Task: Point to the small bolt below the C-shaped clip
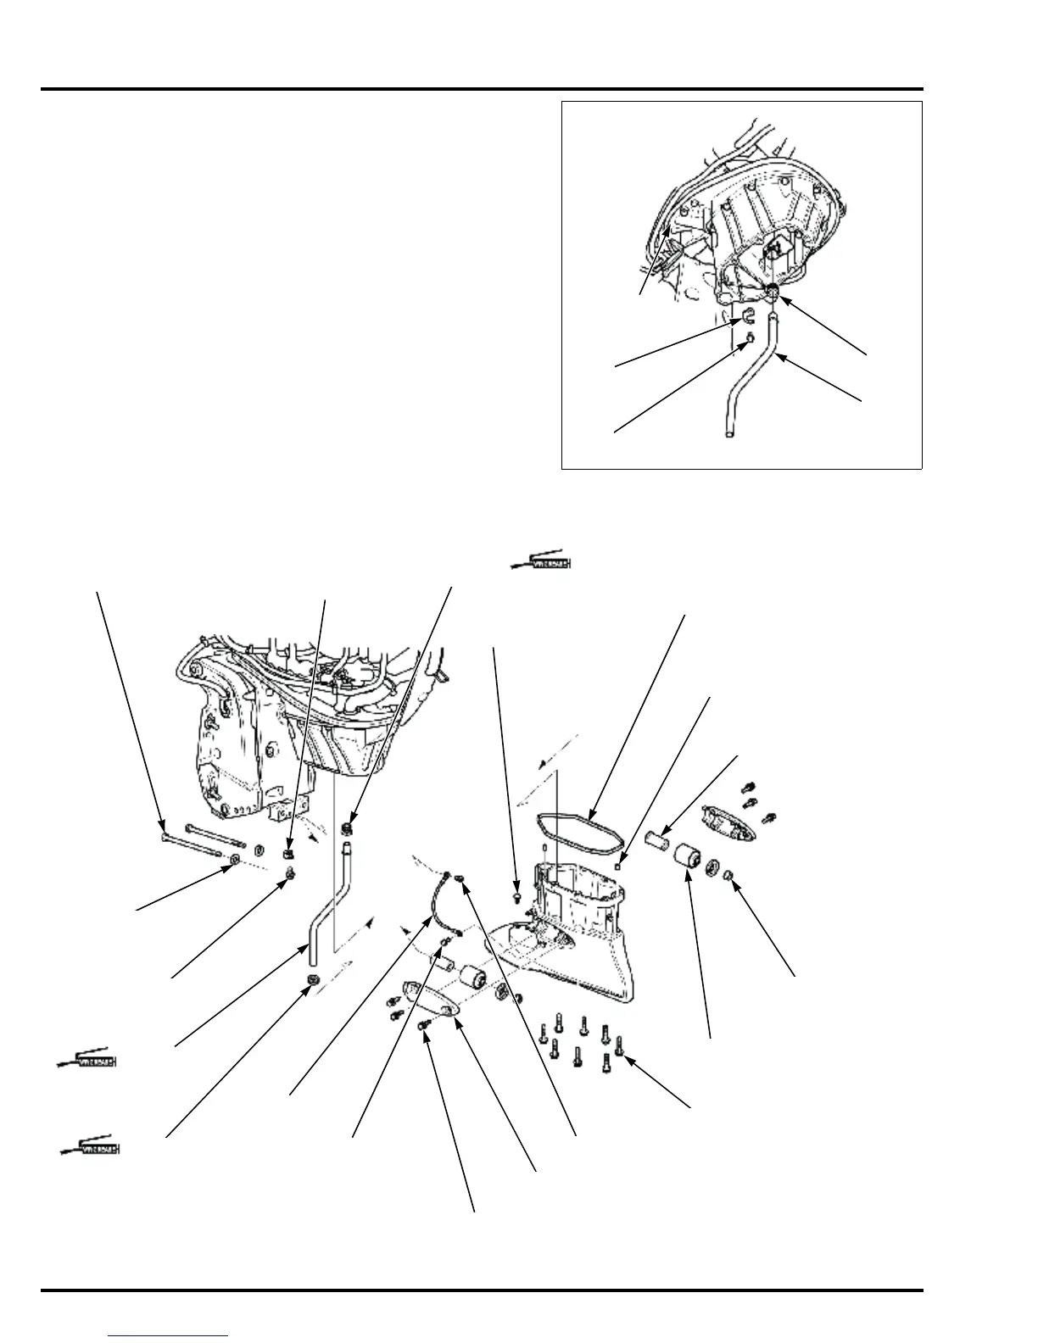click(x=750, y=337)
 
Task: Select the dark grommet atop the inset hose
click(x=774, y=293)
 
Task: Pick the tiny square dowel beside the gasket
click(x=621, y=865)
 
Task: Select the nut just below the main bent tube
click(x=311, y=981)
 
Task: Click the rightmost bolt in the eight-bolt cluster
click(x=619, y=1045)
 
